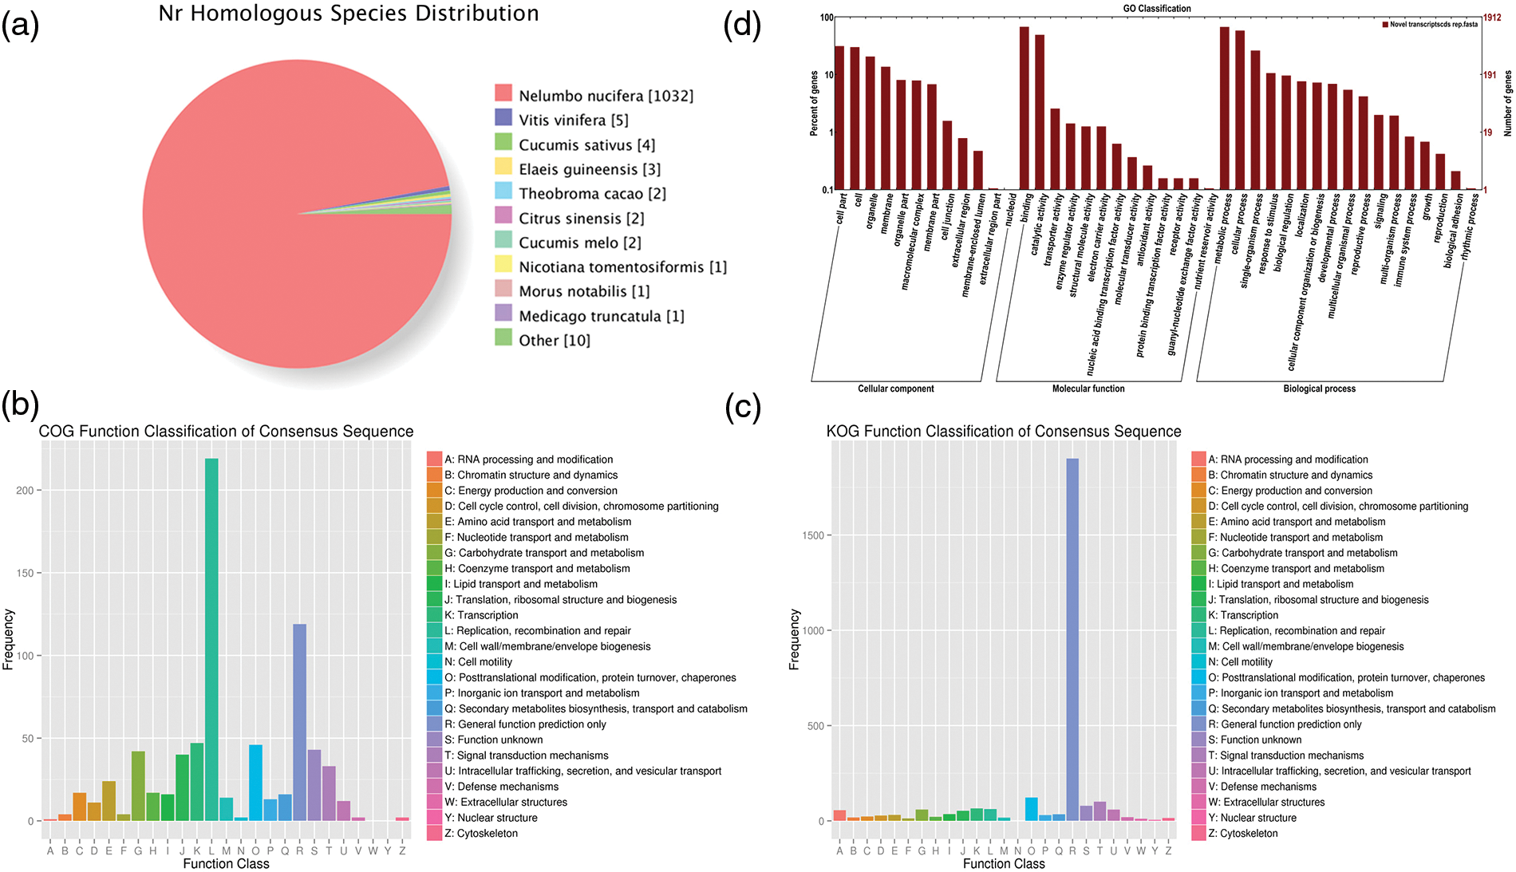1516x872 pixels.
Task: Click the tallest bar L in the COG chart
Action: [211, 638]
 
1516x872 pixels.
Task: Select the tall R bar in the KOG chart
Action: [1072, 638]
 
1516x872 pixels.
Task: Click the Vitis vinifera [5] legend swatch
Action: [503, 118]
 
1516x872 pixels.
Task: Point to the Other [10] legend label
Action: [555, 341]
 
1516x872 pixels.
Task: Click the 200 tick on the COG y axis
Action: [25, 491]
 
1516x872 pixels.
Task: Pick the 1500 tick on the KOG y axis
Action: [813, 535]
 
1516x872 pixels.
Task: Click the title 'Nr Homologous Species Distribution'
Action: [349, 14]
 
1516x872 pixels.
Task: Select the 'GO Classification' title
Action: [1157, 9]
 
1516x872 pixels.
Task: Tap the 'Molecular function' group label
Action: [1088, 389]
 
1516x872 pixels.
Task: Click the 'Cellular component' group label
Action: [896, 389]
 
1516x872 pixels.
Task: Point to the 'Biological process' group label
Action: [1319, 389]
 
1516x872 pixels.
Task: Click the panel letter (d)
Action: [742, 26]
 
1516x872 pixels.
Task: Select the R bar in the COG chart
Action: [300, 722]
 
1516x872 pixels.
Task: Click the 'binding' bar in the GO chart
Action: [1024, 108]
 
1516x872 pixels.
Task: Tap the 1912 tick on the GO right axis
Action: [1492, 18]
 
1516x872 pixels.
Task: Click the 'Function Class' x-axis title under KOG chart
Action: [1004, 863]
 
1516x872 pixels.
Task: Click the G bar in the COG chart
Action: [138, 786]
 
